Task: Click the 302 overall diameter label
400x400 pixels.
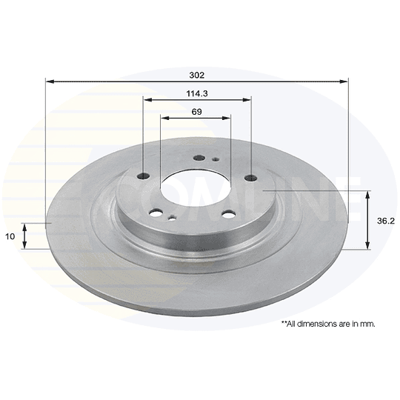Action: coord(197,76)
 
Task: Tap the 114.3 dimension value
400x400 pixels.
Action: coord(197,93)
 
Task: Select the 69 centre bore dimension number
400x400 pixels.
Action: coord(197,112)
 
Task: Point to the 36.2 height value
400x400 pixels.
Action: coord(386,221)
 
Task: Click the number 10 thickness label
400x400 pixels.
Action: coord(10,236)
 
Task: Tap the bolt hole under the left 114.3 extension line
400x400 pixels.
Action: coord(143,176)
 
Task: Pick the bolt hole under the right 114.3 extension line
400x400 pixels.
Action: coord(250,178)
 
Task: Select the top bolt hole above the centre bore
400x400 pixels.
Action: coord(199,159)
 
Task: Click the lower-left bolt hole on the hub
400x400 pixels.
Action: coord(156,213)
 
